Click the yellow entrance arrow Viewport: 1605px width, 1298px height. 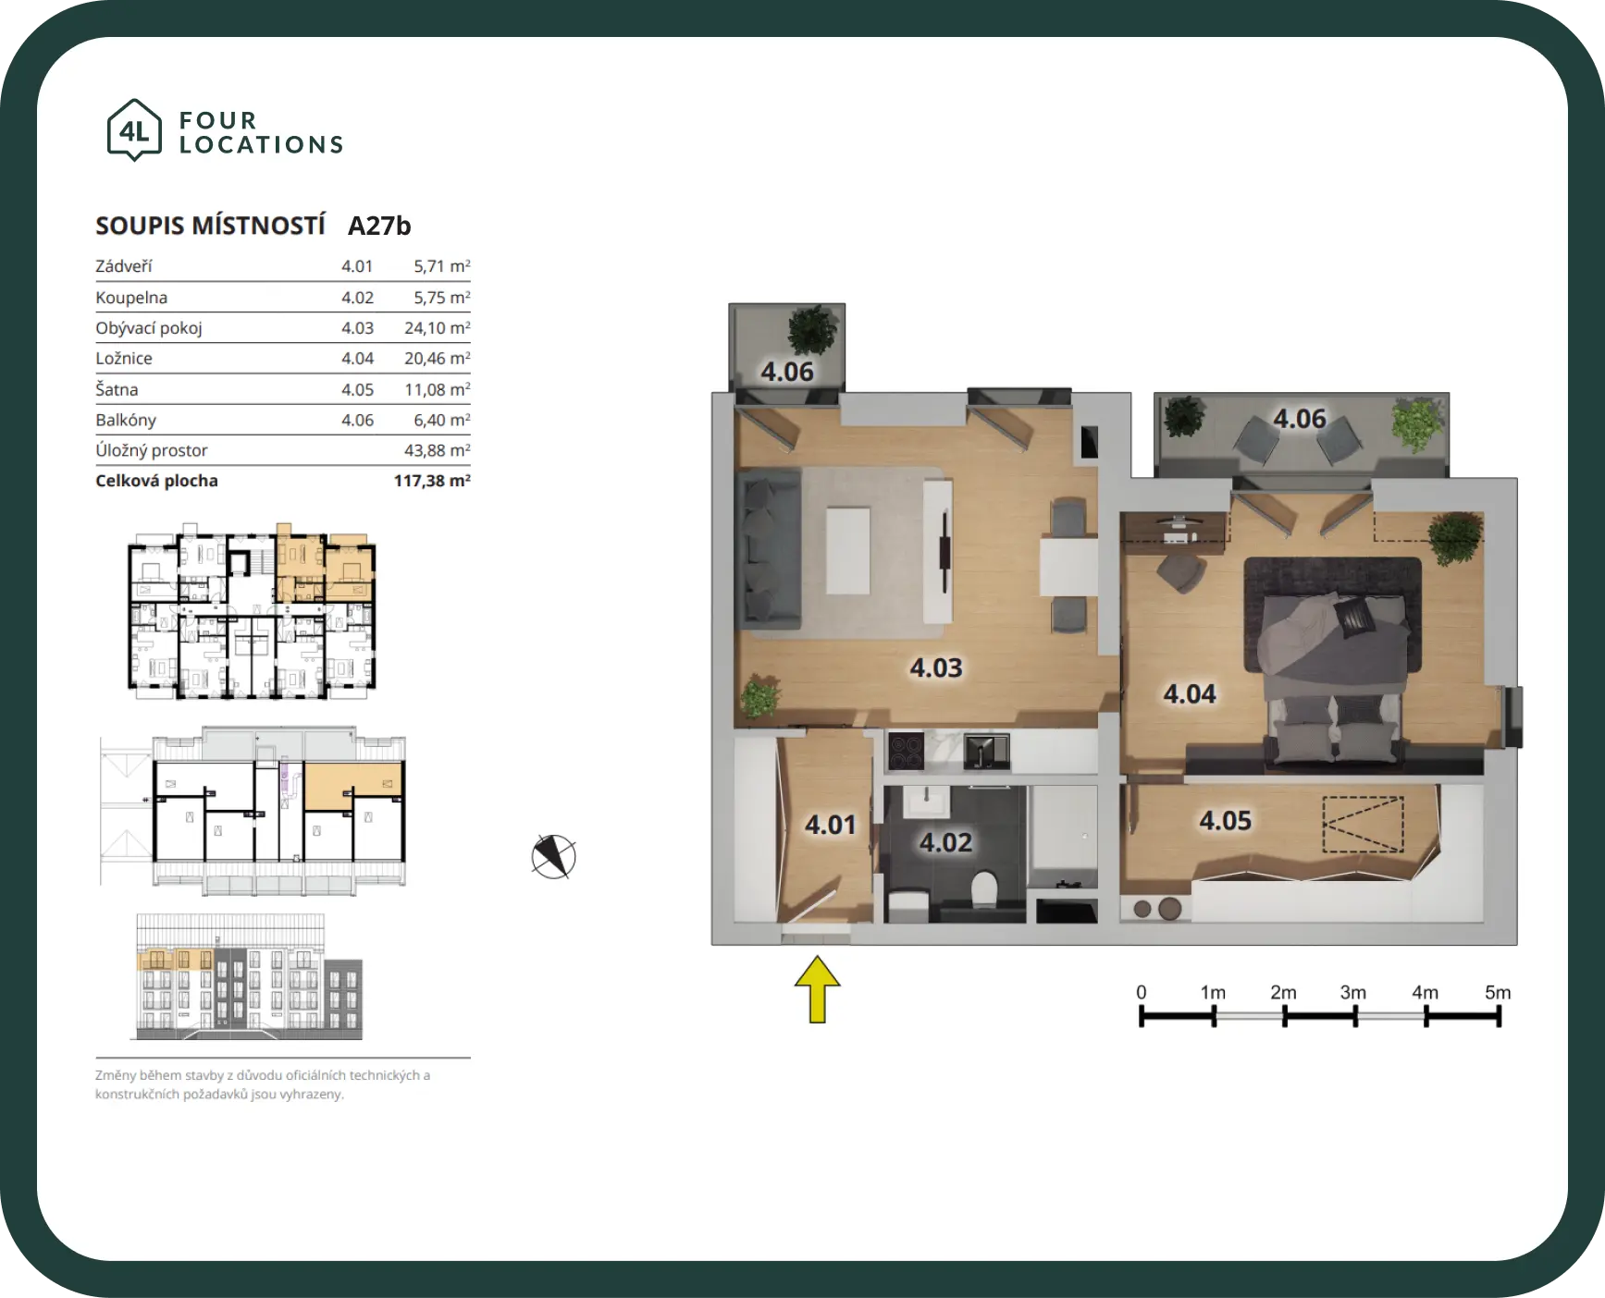[x=817, y=989]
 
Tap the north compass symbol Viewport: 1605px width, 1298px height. [x=553, y=856]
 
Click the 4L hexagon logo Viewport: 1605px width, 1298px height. [x=135, y=130]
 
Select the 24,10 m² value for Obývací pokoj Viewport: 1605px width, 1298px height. [x=437, y=328]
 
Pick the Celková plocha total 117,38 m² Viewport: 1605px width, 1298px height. [x=432, y=481]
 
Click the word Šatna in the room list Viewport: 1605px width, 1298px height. [x=117, y=389]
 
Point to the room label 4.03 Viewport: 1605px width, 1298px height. [x=936, y=667]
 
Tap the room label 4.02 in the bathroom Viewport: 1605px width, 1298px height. [x=945, y=842]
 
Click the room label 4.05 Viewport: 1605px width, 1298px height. [x=1225, y=820]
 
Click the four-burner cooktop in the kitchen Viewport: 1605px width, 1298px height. [x=906, y=751]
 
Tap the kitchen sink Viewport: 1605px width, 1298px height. [x=986, y=752]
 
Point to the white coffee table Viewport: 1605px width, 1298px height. [x=847, y=551]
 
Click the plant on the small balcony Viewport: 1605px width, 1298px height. [x=812, y=329]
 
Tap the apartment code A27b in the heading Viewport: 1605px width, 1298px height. [x=379, y=226]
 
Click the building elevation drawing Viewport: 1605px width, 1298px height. [x=250, y=976]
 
